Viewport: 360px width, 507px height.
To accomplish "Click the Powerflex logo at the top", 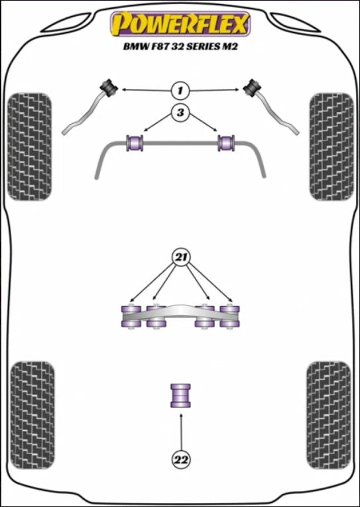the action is (180, 24).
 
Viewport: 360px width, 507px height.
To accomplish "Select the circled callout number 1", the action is (180, 91).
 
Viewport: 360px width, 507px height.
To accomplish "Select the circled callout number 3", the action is (180, 113).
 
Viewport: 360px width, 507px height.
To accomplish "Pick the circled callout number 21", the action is (181, 257).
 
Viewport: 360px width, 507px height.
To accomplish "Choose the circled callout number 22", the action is (181, 459).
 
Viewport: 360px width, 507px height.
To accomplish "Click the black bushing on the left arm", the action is (109, 87).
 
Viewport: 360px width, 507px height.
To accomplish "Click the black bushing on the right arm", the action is (253, 87).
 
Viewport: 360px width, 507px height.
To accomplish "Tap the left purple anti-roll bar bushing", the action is (135, 143).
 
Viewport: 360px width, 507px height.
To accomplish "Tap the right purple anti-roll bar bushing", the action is (226, 143).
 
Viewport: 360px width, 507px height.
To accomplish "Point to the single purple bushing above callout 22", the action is (180, 396).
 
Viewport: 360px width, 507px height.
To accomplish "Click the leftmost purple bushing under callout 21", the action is (131, 317).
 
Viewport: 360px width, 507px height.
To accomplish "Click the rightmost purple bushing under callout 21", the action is (229, 317).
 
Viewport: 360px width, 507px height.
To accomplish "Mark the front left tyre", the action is (29, 146).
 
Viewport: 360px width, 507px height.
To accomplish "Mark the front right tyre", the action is (331, 146).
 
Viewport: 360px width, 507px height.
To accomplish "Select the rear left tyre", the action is (32, 415).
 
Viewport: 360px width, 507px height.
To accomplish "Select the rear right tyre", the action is (329, 415).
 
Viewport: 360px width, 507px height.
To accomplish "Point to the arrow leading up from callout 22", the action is (181, 431).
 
